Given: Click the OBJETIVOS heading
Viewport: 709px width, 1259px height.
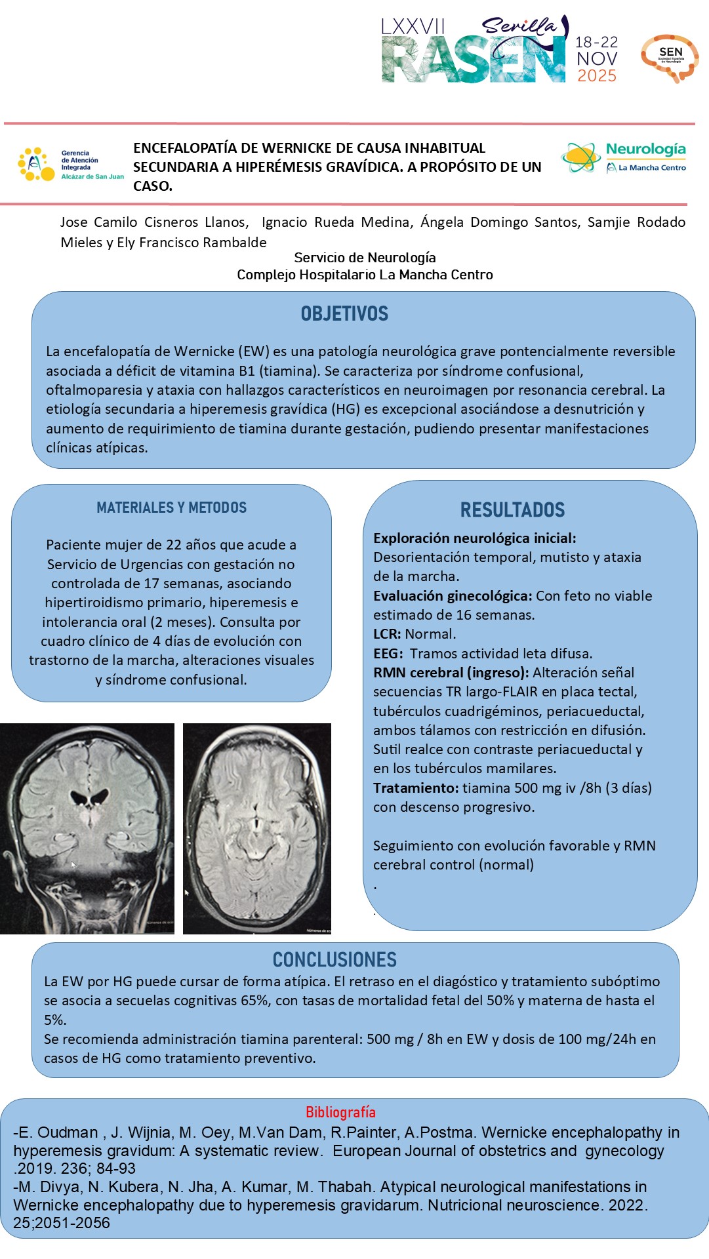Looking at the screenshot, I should click(x=344, y=314).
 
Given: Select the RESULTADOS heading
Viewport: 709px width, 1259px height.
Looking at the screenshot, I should click(x=512, y=510).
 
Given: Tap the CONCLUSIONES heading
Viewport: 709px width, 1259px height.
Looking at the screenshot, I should click(x=334, y=960).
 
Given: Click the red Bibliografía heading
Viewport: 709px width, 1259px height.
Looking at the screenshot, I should click(x=340, y=1112).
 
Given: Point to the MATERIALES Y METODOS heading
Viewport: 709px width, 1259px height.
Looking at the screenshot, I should click(x=171, y=508).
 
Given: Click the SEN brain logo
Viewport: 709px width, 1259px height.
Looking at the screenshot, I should click(x=670, y=58).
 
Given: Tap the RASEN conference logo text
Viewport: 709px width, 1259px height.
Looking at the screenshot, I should click(x=472, y=60).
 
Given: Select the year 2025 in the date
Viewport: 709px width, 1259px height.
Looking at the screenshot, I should click(x=597, y=76).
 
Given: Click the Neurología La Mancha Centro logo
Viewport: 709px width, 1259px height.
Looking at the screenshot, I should click(x=624, y=157).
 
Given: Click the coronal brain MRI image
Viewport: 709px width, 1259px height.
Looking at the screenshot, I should click(x=87, y=828).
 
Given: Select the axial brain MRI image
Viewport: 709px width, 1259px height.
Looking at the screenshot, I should click(x=257, y=828).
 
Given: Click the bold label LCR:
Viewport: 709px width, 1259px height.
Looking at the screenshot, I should click(x=387, y=634).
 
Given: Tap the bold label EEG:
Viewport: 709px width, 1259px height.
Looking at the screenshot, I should click(x=388, y=654).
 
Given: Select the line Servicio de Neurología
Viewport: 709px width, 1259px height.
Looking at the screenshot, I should click(x=365, y=258).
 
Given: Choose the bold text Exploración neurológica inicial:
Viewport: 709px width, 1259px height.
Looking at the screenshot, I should click(x=475, y=538).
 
